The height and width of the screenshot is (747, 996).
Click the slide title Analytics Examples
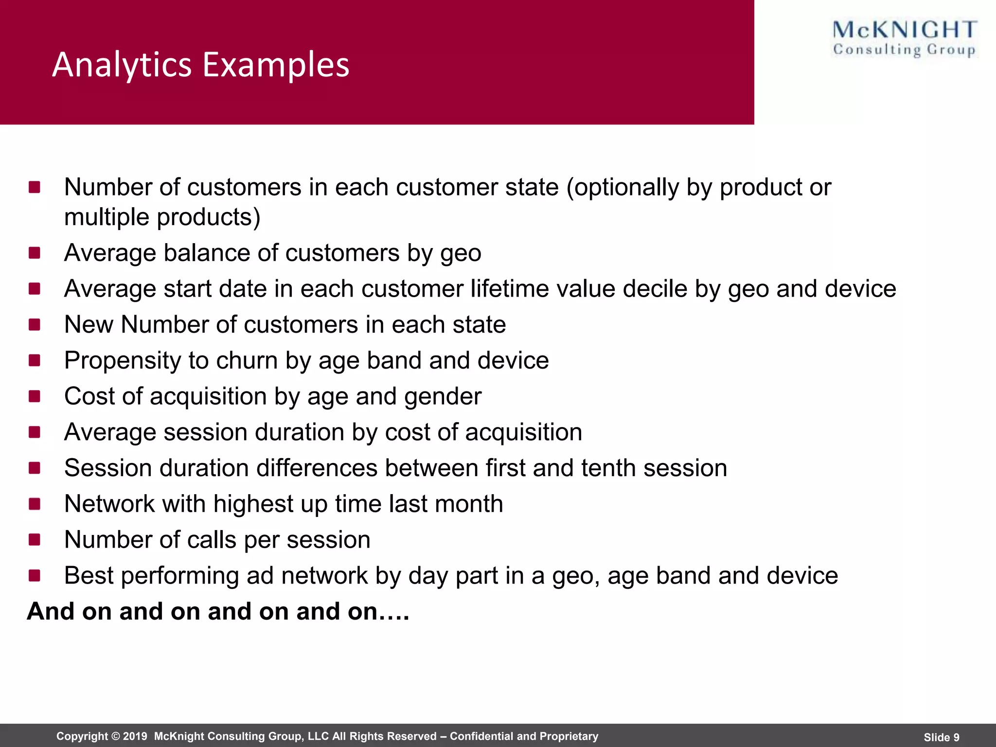200,65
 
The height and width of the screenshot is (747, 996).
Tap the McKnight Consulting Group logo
905,39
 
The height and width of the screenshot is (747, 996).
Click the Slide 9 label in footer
941,737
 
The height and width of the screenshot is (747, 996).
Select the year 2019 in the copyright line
135,736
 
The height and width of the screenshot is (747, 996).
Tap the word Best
89,576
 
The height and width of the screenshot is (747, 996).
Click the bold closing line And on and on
218,611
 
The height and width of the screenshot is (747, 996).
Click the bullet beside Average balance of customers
35,253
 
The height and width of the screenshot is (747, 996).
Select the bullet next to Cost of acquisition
35,396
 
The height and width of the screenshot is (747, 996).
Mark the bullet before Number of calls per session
35,540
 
